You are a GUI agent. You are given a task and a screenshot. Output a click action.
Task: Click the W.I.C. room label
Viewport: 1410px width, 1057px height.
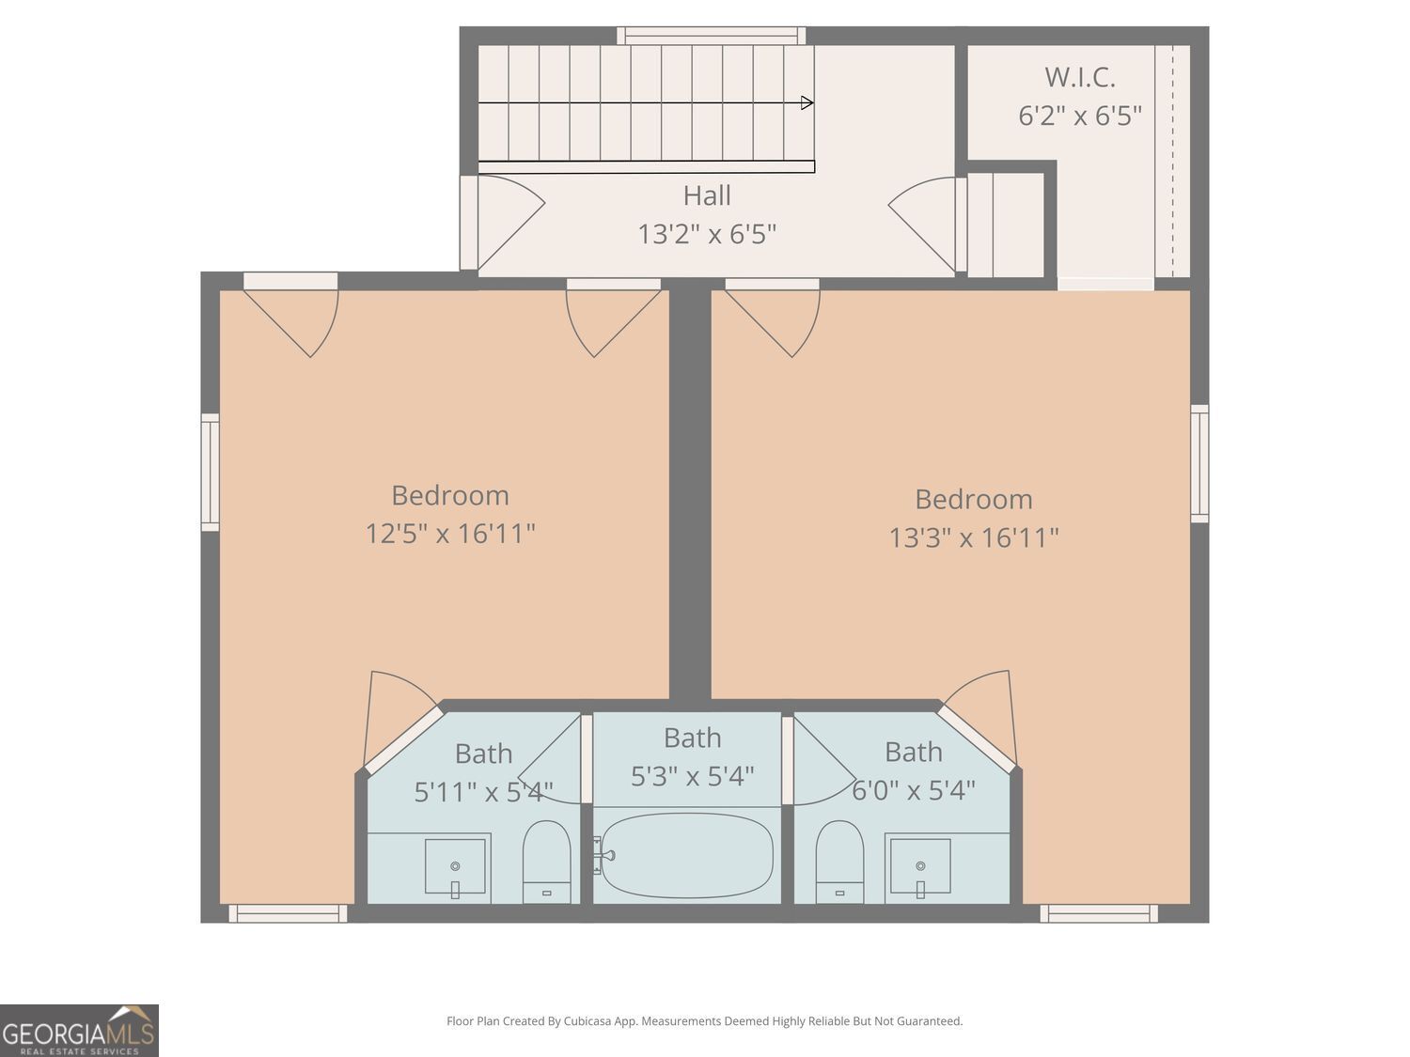(x=1080, y=78)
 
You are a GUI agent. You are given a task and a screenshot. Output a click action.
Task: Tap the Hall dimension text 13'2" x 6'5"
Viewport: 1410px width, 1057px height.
(x=707, y=234)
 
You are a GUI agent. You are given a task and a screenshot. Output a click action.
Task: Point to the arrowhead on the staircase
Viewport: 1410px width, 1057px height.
(x=807, y=102)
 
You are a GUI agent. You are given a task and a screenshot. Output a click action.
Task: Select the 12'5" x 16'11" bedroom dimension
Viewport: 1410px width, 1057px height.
(x=449, y=534)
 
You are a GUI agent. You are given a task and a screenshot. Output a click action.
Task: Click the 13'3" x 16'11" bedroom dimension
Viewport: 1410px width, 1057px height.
(x=973, y=537)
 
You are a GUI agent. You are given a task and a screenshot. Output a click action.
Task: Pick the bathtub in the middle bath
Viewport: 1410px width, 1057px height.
(x=687, y=856)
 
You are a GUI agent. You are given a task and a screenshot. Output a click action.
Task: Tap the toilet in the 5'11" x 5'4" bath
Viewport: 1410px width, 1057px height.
(x=547, y=862)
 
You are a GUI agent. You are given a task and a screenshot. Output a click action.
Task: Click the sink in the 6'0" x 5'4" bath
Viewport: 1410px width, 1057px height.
(x=920, y=865)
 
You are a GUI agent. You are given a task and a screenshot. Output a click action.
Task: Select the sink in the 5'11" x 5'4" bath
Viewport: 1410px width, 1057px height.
(x=455, y=865)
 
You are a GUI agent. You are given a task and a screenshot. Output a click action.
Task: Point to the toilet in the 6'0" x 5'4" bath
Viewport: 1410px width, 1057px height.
(x=839, y=862)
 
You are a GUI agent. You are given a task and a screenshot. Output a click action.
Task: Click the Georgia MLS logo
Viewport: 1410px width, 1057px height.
(x=79, y=1031)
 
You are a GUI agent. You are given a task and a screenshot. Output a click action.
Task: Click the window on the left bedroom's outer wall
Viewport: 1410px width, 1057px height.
(x=210, y=473)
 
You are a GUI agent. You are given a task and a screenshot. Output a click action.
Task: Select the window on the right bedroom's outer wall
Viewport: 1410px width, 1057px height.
(x=1199, y=463)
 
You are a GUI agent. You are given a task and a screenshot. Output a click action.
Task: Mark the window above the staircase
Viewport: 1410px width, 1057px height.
(x=711, y=36)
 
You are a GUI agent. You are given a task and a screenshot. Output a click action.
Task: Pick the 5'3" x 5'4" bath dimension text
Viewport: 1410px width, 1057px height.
(x=692, y=777)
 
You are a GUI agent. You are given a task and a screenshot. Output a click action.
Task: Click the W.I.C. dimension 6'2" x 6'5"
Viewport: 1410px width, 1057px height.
(x=1080, y=117)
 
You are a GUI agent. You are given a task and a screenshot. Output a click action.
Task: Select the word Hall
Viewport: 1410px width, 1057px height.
(x=707, y=195)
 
